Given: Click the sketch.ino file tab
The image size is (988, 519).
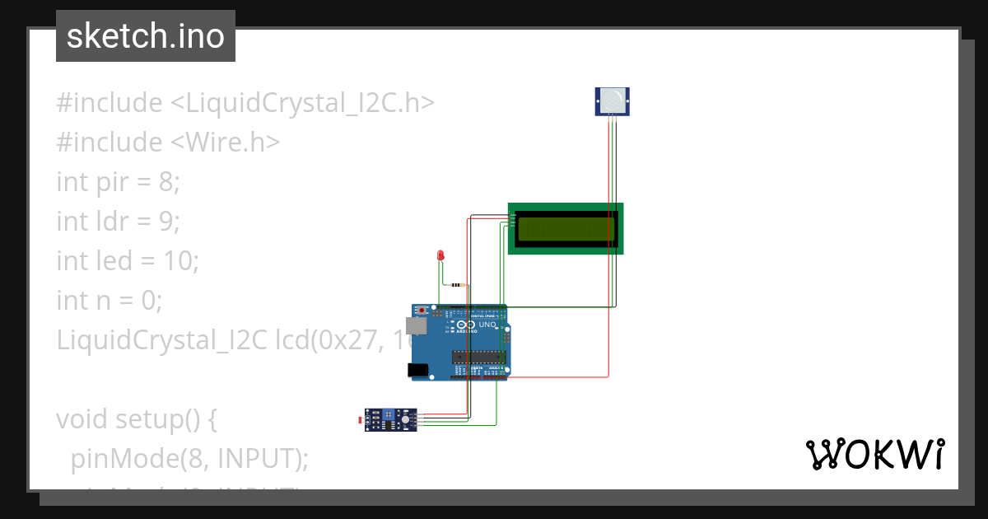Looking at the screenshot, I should click(145, 36).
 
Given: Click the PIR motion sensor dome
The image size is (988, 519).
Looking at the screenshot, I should click(612, 101).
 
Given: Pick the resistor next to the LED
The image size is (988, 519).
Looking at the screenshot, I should click(458, 285).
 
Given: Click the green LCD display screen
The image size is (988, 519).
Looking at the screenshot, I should click(566, 228).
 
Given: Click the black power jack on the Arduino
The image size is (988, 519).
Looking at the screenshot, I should click(420, 371).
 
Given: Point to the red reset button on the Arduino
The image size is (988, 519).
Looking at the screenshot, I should click(422, 311).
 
